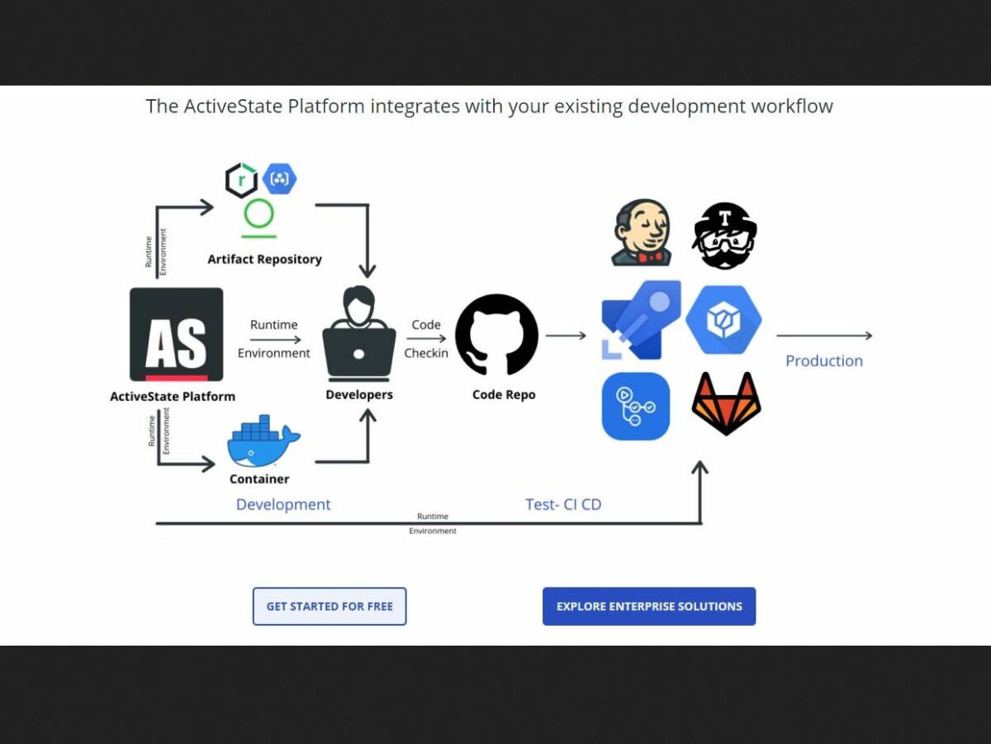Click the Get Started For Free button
click(x=329, y=606)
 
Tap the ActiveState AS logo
click(x=176, y=334)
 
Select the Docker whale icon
click(x=263, y=443)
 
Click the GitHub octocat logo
click(x=496, y=335)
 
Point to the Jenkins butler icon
click(x=642, y=232)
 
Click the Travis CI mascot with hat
click(x=724, y=236)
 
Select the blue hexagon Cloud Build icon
click(x=723, y=320)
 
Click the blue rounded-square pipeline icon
click(x=636, y=406)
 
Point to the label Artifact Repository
click(x=264, y=260)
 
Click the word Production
click(x=823, y=361)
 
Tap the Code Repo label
click(x=504, y=395)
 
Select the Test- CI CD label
click(x=563, y=504)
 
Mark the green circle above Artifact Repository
click(x=259, y=213)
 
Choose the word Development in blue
click(x=283, y=504)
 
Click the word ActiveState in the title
click(x=233, y=107)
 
